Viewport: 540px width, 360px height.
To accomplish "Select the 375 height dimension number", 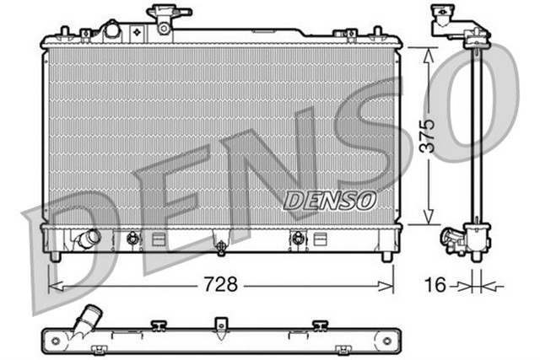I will coord(430,135).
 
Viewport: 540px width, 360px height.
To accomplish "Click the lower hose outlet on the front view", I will coord(87,239).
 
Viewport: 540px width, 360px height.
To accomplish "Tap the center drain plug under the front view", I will coord(221,247).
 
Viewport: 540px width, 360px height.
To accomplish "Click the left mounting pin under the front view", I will coord(56,255).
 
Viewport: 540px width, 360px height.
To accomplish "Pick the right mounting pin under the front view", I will coord(386,255).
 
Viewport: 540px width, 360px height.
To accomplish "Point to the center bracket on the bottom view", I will coord(221,325).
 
